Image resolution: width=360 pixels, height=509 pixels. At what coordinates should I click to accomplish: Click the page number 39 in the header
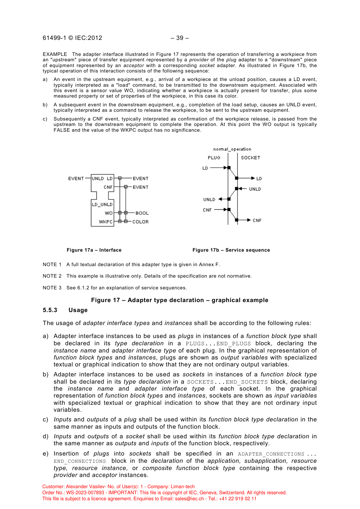(180, 38)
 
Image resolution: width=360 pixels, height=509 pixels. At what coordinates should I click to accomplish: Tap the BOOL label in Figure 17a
(142, 213)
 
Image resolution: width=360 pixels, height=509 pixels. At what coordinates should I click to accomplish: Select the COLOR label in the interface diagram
(141, 222)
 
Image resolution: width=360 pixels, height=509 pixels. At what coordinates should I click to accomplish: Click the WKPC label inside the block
(106, 222)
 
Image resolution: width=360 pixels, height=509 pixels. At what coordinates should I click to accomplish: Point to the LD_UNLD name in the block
(102, 205)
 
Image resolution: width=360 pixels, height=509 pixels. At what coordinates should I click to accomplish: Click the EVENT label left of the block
(76, 179)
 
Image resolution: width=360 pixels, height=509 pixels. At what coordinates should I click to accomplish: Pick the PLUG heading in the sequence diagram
(214, 158)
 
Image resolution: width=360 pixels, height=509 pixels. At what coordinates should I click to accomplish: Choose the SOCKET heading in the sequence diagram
(251, 158)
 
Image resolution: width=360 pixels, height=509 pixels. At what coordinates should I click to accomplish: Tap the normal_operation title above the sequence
(232, 149)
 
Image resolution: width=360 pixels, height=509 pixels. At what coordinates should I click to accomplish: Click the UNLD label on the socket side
(255, 189)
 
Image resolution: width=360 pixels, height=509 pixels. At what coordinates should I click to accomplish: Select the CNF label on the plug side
(207, 210)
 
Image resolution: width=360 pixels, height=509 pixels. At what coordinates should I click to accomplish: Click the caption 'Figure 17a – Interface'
(94, 250)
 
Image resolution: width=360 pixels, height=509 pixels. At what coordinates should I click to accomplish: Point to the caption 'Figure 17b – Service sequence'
(231, 250)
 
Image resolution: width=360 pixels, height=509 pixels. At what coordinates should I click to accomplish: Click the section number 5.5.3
(50, 310)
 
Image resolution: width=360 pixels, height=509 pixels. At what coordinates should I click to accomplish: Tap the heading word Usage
(78, 310)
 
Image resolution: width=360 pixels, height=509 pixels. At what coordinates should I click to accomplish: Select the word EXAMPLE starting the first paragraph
(55, 54)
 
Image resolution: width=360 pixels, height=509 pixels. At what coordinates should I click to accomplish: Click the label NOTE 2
(52, 276)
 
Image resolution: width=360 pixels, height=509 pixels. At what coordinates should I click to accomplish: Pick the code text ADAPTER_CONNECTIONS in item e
(271, 454)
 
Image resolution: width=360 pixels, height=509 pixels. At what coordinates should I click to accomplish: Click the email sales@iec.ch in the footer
(190, 499)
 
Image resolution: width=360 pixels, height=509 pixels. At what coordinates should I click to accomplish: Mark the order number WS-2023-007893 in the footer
(85, 493)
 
